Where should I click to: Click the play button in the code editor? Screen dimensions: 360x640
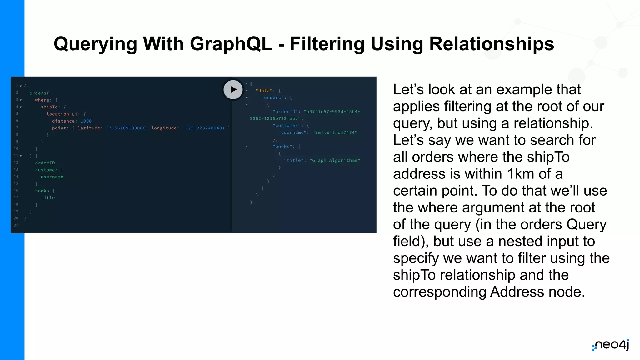(x=233, y=90)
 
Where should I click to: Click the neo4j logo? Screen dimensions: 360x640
(x=611, y=345)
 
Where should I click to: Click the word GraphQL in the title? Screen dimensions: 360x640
(x=231, y=44)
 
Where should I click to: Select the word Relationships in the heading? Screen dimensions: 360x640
(x=492, y=44)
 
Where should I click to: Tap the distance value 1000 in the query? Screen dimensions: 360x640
(x=86, y=121)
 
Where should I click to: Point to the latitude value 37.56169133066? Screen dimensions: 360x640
(x=126, y=128)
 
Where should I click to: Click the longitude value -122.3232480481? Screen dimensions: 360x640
(x=203, y=128)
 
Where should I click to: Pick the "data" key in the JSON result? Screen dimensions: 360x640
(x=264, y=91)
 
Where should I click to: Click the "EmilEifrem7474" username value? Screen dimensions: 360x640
(x=335, y=132)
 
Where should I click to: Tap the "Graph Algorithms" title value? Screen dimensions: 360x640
(x=335, y=160)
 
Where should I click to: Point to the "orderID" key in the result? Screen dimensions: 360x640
(x=285, y=112)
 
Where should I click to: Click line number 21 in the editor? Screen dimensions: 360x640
(x=16, y=225)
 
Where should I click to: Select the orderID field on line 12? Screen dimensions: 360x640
(x=45, y=163)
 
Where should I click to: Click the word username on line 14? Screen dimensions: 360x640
(x=52, y=177)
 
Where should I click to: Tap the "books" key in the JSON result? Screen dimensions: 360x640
(x=282, y=147)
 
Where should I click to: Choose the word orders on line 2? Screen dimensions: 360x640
(x=38, y=93)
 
